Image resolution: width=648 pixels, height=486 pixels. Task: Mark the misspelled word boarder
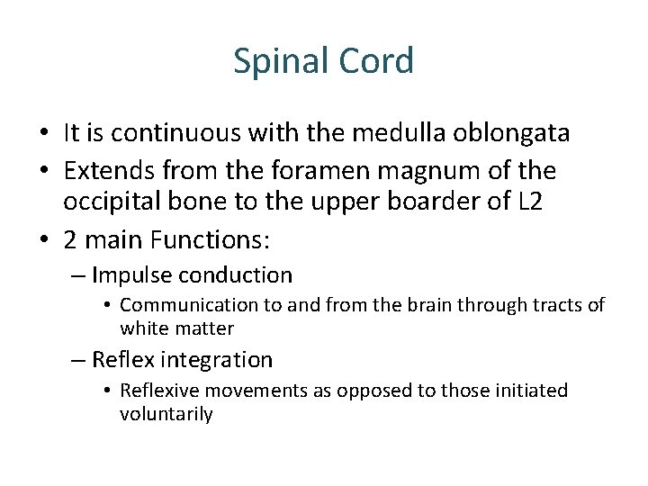click(x=420, y=202)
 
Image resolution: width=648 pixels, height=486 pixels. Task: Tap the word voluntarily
click(x=166, y=415)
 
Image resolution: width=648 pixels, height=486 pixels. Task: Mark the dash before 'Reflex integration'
click(x=79, y=360)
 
